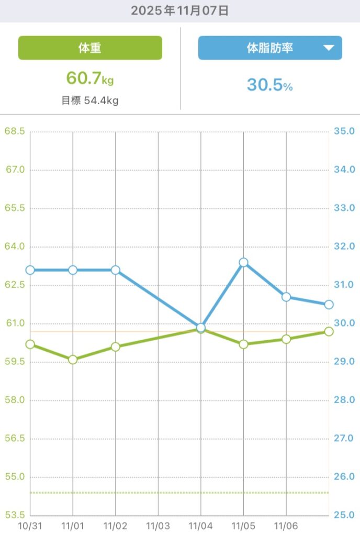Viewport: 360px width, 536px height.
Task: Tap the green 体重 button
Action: point(90,48)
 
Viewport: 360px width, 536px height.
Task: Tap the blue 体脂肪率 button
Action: point(269,48)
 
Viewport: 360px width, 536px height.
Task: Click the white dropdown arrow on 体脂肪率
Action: point(329,48)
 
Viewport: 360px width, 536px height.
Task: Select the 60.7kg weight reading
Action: point(90,79)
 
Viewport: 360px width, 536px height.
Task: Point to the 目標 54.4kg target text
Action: point(90,100)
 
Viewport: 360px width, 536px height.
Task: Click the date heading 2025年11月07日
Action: point(180,10)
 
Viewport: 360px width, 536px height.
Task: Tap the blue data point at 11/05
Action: point(243,262)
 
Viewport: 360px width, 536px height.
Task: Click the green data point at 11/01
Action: point(73,360)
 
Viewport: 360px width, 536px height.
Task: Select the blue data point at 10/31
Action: point(30,270)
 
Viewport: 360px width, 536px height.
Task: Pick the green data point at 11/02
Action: point(116,347)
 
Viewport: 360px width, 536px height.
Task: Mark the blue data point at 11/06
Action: point(286,297)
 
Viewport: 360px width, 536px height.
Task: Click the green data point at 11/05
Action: point(243,344)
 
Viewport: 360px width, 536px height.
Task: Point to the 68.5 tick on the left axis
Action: point(14,131)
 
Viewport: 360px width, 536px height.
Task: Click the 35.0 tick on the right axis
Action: point(344,131)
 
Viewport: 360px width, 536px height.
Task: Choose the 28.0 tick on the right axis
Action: point(344,400)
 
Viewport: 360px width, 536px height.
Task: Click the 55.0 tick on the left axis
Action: point(14,477)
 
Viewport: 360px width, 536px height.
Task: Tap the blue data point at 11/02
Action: point(116,270)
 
